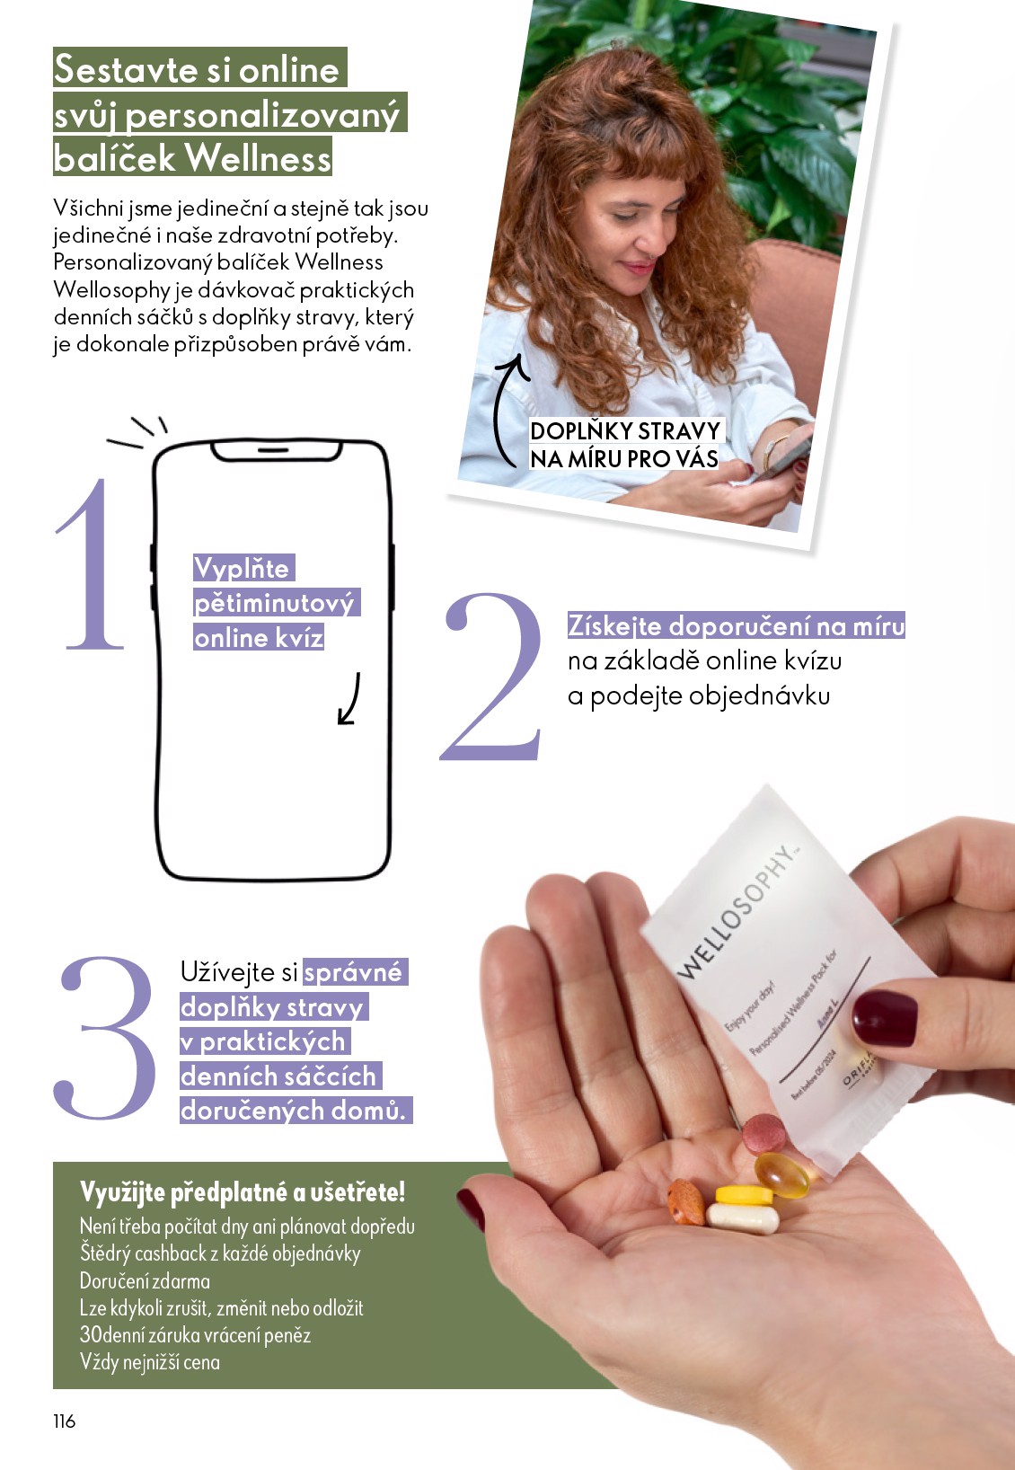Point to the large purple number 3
[107, 1038]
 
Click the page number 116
[65, 1421]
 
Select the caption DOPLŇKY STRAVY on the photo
[625, 430]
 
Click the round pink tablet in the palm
[764, 1133]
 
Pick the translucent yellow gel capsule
[781, 1174]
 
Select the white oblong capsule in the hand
[742, 1218]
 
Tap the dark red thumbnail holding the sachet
[884, 1018]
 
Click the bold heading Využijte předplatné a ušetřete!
[243, 1192]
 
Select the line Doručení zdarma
[145, 1280]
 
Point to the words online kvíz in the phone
[259, 638]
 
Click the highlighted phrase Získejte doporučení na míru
[736, 625]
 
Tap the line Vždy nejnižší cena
[150, 1362]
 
